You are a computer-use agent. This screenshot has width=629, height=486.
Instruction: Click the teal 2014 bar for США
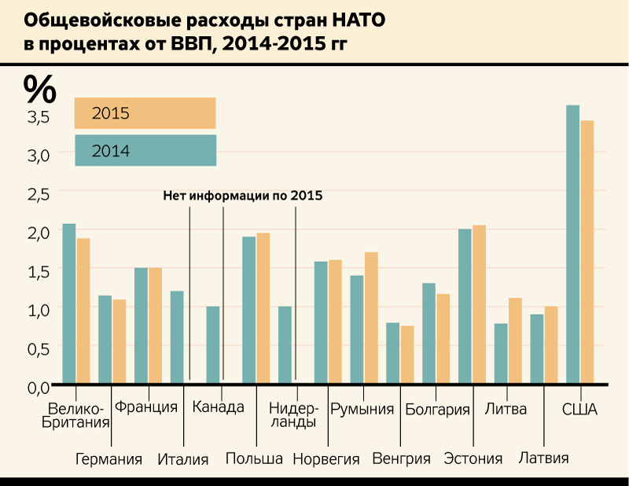click(x=572, y=244)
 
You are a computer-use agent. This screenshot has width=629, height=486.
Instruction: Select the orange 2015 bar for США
click(x=587, y=252)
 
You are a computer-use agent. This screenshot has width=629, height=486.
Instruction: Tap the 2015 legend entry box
click(x=145, y=113)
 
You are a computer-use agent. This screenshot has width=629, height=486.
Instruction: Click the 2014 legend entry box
click(x=145, y=150)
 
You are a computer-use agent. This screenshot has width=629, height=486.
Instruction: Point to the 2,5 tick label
click(x=39, y=193)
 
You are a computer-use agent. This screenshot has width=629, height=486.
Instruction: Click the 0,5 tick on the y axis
click(x=39, y=348)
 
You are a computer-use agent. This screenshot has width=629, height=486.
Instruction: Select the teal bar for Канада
click(x=212, y=344)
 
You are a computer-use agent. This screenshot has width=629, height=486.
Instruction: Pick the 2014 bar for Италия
click(x=176, y=337)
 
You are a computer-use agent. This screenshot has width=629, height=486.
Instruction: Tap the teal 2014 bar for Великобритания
click(x=69, y=303)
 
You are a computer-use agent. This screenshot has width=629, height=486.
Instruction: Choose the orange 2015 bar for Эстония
click(x=479, y=304)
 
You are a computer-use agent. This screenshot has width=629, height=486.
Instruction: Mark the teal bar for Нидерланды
click(x=285, y=344)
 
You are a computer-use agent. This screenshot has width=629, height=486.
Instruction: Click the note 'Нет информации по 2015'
click(x=243, y=196)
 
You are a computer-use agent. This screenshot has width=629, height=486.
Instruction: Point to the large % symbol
click(x=39, y=88)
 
